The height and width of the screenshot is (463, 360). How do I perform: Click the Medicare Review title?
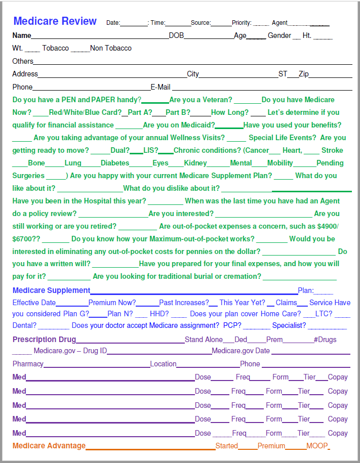[x=55, y=21]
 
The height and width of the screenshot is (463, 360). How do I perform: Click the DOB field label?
[x=176, y=35]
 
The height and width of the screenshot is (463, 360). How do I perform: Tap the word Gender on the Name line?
[x=279, y=35]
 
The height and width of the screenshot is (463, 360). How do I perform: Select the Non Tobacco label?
[x=110, y=48]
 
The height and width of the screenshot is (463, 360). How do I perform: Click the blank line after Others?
[x=192, y=62]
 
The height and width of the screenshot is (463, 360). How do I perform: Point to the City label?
[x=192, y=74]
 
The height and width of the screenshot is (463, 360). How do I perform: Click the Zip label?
[x=303, y=74]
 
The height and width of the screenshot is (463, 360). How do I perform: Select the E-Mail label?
[x=160, y=87]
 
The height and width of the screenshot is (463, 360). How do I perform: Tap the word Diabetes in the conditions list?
[x=115, y=163]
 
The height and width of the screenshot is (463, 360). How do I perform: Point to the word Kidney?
[x=195, y=163]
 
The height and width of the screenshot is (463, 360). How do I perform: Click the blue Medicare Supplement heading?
[x=51, y=290]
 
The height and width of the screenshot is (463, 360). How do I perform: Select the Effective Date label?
[x=34, y=303]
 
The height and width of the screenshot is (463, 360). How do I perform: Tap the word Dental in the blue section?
[x=24, y=326]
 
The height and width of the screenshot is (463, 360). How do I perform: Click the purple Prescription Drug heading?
[x=44, y=340]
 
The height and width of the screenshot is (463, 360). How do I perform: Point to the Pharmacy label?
[x=28, y=364]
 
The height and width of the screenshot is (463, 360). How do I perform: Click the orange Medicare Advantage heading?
[x=49, y=446]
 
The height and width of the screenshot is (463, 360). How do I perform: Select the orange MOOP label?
[x=316, y=446]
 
